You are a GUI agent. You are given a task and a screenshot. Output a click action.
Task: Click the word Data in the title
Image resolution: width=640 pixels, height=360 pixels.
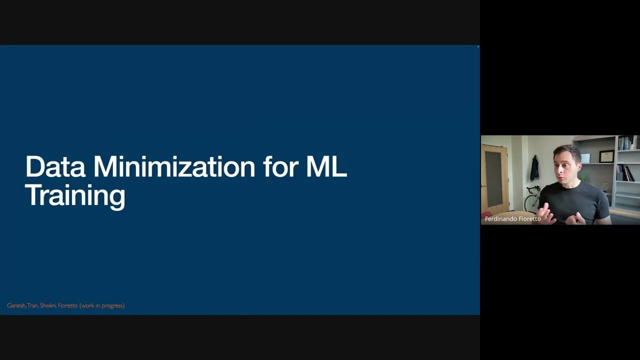tap(55, 166)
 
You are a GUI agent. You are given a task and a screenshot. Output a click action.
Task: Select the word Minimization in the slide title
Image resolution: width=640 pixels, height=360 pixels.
tap(174, 166)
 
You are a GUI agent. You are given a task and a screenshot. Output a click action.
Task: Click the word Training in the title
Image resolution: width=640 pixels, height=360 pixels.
tap(75, 196)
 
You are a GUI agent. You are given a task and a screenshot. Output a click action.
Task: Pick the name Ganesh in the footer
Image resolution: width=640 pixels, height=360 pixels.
tap(16, 305)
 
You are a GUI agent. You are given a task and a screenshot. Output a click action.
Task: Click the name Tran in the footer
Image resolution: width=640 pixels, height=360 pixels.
tap(32, 305)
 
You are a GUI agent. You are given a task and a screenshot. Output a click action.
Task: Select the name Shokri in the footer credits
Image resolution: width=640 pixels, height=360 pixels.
tap(47, 305)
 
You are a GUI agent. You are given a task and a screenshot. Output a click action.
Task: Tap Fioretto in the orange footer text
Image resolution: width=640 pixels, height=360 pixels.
tap(67, 305)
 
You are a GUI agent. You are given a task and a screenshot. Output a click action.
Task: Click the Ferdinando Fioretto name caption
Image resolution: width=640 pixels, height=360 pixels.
tap(513, 219)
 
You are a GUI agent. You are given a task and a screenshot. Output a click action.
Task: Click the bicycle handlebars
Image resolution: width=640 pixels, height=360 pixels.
tap(533, 188)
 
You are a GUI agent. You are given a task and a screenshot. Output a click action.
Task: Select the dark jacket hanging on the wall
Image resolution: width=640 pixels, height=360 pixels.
tap(534, 168)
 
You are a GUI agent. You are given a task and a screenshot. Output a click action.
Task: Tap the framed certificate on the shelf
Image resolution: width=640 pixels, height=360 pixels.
tap(607, 156)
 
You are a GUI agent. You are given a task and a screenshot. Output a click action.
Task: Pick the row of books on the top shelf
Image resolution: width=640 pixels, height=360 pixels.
tap(625, 143)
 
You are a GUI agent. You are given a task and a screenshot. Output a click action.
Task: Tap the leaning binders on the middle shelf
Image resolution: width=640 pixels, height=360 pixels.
tap(625, 173)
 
